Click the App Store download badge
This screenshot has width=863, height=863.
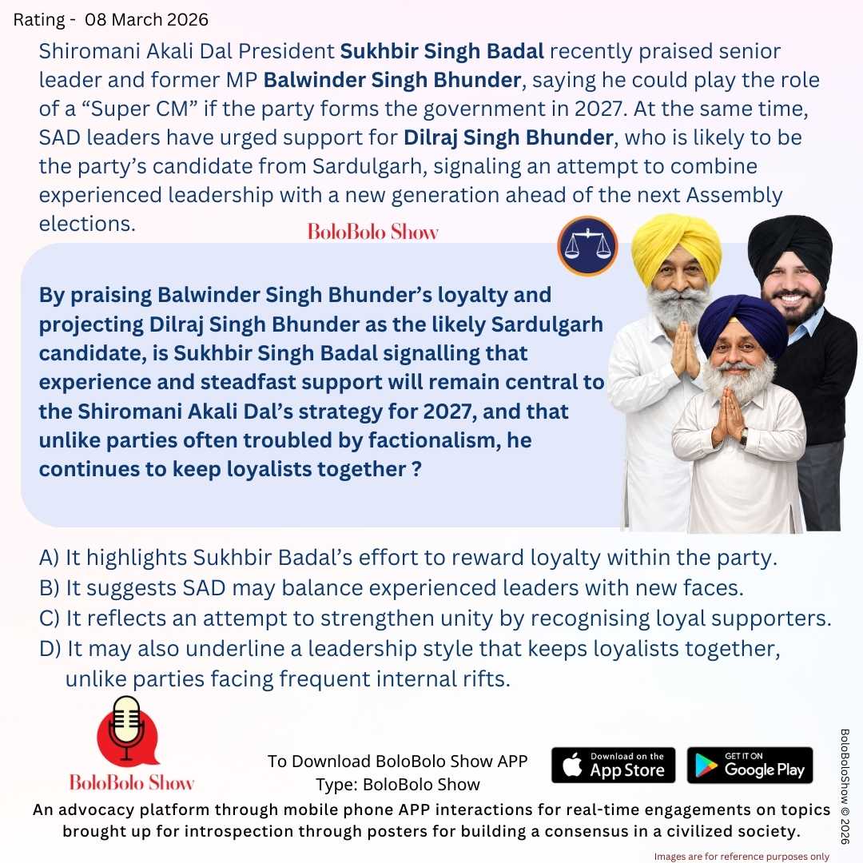(x=613, y=765)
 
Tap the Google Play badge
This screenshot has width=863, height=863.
(x=750, y=765)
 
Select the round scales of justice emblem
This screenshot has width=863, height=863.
(x=587, y=246)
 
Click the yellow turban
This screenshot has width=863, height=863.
(x=675, y=243)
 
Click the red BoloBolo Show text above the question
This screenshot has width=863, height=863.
(x=373, y=233)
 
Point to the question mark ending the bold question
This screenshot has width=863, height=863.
(x=416, y=469)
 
